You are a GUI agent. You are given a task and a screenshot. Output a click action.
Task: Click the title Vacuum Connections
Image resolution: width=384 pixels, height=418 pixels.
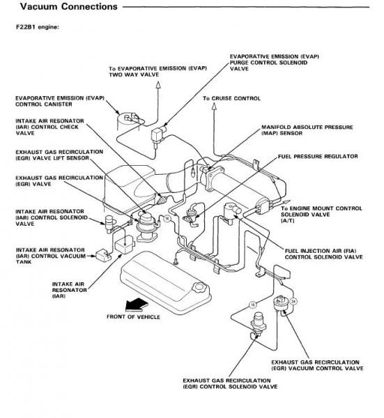69,6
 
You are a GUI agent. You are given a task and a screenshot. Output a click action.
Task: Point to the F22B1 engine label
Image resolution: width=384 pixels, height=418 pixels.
38,27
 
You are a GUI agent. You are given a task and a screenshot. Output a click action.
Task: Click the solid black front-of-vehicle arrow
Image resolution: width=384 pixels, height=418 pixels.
137,304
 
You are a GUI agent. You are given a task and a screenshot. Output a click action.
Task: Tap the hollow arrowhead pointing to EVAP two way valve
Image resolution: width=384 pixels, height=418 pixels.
158,85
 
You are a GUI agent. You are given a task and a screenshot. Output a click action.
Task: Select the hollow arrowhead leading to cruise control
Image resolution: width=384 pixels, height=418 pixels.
214,107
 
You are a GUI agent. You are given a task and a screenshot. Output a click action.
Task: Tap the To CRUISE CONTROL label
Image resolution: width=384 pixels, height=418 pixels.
231,98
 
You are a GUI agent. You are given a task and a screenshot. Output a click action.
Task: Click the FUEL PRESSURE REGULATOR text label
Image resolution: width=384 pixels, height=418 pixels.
318,157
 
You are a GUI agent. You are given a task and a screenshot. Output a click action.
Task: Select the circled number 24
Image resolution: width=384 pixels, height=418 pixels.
293,301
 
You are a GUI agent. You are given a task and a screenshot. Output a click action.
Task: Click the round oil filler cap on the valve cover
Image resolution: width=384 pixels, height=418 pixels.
199,288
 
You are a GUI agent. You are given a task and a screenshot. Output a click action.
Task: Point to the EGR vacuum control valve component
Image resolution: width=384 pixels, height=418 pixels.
281,304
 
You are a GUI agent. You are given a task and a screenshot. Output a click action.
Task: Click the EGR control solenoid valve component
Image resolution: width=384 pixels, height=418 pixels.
258,324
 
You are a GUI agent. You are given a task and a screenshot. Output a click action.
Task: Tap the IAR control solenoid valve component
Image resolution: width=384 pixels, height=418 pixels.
109,224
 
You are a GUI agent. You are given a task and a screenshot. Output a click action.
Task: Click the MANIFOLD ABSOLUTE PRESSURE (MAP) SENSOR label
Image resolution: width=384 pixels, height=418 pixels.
307,130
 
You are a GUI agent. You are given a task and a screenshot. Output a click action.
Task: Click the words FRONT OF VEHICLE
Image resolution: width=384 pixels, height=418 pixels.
133,317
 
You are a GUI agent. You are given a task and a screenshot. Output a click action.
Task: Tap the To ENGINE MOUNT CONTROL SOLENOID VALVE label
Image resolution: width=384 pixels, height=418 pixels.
321,215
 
